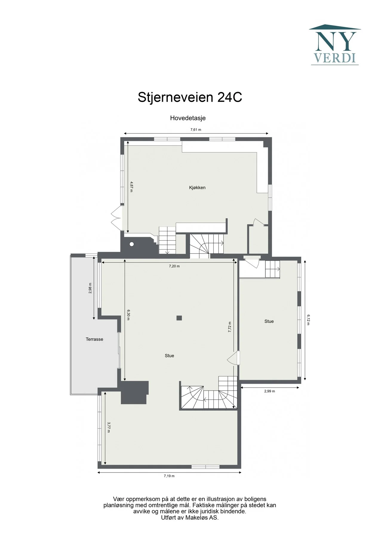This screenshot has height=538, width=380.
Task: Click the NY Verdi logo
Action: pos(335,45)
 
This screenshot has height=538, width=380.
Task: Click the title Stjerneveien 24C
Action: pos(190,97)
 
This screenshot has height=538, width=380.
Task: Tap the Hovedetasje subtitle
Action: pos(188,118)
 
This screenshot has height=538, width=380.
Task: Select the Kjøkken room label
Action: pos(197,188)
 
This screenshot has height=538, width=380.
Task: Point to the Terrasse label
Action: pos(94,339)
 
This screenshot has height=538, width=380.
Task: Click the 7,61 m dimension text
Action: pos(196,130)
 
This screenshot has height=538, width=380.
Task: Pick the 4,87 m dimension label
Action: pos(131,187)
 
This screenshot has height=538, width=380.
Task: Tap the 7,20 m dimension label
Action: pos(174,266)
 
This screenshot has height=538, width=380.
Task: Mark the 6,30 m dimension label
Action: pos(128,315)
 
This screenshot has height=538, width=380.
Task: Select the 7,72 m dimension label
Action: pos(230,327)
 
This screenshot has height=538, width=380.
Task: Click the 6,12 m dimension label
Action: pos(308,320)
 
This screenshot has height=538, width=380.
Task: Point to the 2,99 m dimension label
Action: pos(270,391)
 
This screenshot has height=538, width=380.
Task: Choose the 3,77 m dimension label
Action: pos(109,427)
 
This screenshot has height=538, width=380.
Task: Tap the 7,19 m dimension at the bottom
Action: pos(169,476)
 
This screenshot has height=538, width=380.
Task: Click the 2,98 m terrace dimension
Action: pos(90,288)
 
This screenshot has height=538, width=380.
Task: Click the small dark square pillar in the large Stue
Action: pos(179,318)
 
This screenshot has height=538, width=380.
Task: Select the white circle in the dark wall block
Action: pos(132,244)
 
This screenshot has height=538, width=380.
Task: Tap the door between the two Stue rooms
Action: pos(234,358)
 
